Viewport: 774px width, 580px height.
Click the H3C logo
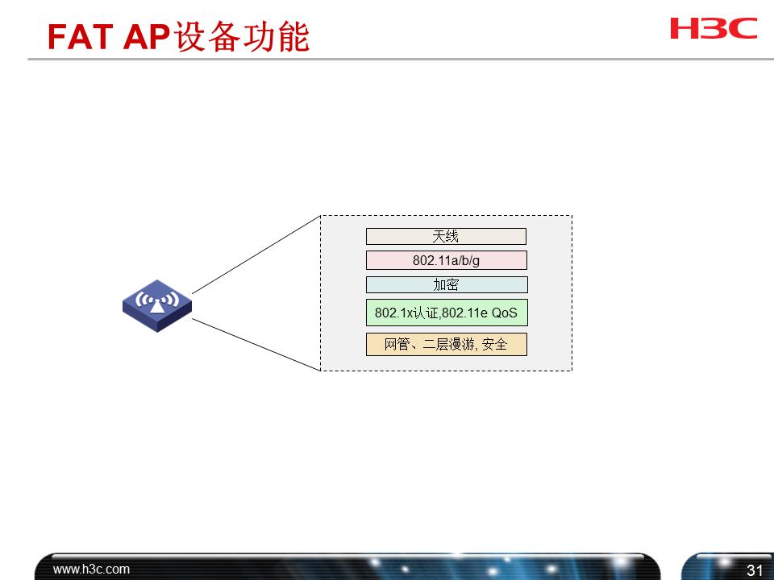click(x=714, y=28)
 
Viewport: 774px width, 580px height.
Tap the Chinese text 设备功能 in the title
click(x=242, y=37)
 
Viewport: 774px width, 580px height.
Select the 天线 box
click(x=446, y=236)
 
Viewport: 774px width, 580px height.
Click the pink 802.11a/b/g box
click(x=446, y=260)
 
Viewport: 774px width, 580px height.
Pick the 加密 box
click(x=446, y=284)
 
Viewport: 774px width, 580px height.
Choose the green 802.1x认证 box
click(x=446, y=313)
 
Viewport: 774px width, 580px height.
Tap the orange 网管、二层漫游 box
click(x=446, y=345)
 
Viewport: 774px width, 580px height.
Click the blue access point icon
click(x=157, y=305)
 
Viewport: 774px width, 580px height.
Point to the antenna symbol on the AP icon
click(x=156, y=300)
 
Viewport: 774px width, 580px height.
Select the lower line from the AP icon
click(x=256, y=344)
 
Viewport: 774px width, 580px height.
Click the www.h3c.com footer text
click(x=91, y=570)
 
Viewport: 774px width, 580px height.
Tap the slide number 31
click(x=755, y=570)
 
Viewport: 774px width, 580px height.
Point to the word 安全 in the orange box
click(x=495, y=345)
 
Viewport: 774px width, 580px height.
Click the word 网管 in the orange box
click(x=396, y=345)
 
